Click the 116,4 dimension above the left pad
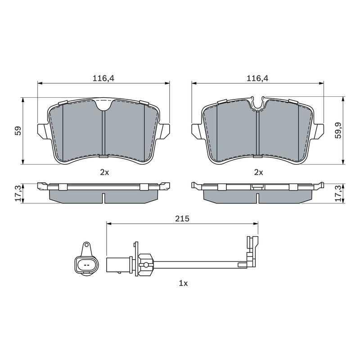[103, 78]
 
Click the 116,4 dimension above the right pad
[257, 78]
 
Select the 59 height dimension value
[18, 130]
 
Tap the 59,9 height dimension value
[338, 130]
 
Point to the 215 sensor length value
[182, 219]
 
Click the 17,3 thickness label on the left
[18, 193]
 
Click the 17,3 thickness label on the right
[338, 193]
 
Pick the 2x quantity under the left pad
[104, 172]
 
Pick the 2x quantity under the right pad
[258, 172]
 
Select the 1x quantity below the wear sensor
[183, 283]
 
